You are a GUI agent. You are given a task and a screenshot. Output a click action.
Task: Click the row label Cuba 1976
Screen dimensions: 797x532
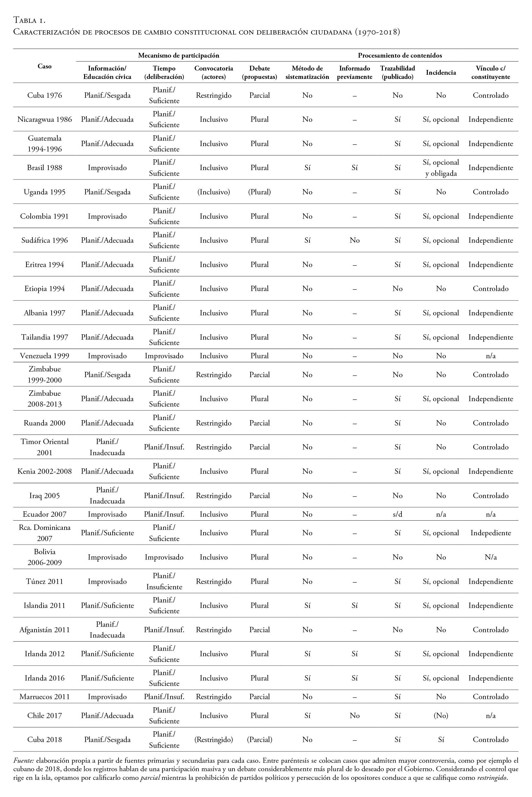(44, 95)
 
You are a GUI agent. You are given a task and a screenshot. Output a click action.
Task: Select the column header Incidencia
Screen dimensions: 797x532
(441, 72)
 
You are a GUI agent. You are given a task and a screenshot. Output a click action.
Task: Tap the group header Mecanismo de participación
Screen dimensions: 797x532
(178, 55)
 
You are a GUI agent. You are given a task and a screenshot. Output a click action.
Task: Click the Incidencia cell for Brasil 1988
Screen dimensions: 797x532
(441, 168)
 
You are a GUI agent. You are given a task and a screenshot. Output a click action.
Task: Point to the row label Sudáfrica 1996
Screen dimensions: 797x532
(44, 240)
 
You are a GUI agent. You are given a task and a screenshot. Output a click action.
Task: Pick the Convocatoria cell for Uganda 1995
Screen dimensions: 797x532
(213, 192)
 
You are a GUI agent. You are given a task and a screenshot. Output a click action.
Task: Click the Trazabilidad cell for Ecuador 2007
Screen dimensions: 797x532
(397, 514)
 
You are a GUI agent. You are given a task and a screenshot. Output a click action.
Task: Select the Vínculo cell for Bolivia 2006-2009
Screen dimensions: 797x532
(490, 557)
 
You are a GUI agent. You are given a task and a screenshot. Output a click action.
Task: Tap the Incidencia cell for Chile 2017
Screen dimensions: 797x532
(441, 716)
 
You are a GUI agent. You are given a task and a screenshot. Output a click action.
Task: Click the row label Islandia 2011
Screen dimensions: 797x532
(44, 605)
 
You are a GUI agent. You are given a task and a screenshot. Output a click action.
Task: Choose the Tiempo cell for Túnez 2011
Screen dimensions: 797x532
(164, 581)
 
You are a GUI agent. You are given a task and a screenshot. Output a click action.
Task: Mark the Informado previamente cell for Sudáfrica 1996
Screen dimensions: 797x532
(354, 240)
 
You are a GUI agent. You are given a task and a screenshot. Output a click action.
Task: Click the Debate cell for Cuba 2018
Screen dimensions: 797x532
(260, 740)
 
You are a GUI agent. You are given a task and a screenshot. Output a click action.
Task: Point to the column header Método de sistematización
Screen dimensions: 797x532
(307, 72)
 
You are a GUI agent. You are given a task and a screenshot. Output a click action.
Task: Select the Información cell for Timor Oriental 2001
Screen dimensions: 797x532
(107, 447)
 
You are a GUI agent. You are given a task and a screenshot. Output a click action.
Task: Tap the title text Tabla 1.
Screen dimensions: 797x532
(29, 20)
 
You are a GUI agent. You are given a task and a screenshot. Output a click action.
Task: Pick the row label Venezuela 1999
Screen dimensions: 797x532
(44, 356)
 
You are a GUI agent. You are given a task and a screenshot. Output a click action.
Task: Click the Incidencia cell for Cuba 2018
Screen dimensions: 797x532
(441, 740)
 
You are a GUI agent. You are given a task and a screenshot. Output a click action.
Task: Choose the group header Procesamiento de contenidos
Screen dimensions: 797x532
(400, 55)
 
